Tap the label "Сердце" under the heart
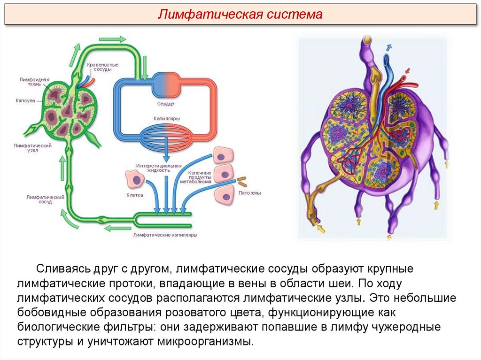(166, 103)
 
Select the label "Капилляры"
(166, 119)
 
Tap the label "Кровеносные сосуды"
(103, 67)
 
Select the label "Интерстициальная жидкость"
(159, 168)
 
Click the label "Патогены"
(249, 192)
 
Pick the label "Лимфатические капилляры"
(165, 234)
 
